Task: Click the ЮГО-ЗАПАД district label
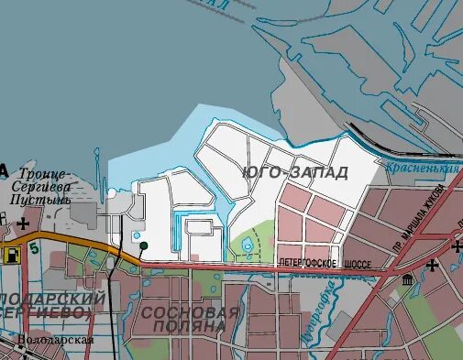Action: click(x=295, y=173)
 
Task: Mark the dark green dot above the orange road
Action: click(x=142, y=245)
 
